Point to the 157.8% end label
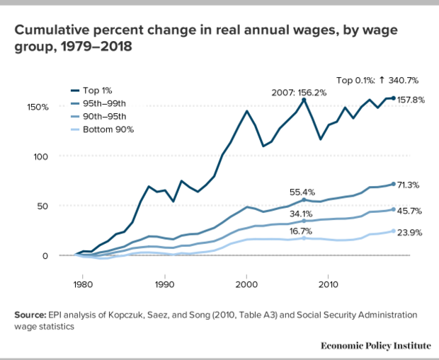coord(411,100)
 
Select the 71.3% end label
coord(409,185)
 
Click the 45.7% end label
coord(409,210)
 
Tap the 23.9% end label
coord(409,231)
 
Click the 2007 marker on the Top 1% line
coord(303,100)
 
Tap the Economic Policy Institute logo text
coord(375,345)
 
